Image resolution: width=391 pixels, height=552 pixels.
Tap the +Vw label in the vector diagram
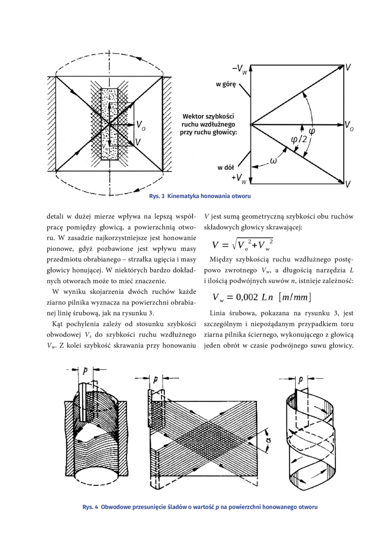click(239, 179)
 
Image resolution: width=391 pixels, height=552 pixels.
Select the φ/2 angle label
click(299, 140)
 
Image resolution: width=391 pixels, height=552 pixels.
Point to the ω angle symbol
click(273, 161)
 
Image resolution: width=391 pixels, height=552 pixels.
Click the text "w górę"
click(226, 85)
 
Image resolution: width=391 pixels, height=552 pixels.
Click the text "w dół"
click(226, 168)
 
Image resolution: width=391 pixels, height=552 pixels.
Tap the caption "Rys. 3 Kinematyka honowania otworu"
click(200, 196)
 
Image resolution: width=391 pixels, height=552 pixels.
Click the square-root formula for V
click(243, 245)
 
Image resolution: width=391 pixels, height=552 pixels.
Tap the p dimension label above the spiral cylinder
click(300, 380)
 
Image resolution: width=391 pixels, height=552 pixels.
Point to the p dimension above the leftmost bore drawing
click(86, 371)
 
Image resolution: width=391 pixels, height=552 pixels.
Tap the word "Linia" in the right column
click(218, 313)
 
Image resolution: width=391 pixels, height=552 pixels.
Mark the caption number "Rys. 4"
click(91, 507)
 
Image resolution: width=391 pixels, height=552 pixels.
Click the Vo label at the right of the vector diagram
click(349, 126)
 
